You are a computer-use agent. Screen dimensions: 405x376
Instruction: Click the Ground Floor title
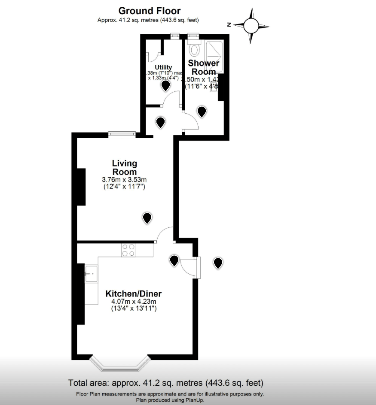(149, 11)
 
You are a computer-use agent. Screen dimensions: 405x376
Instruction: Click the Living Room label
(124, 167)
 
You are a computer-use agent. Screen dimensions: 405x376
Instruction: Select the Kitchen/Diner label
(133, 294)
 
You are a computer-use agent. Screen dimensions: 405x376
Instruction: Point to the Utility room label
(163, 67)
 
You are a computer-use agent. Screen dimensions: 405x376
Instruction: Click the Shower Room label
(204, 67)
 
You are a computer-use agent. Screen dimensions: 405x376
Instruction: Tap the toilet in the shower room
(194, 49)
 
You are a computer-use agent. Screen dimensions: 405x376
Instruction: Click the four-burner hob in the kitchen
(128, 250)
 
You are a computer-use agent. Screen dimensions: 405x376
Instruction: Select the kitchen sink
(92, 274)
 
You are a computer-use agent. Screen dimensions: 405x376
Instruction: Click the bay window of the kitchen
(120, 364)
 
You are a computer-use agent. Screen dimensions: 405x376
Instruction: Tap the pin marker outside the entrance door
(218, 263)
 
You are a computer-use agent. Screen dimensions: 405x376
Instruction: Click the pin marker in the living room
(147, 218)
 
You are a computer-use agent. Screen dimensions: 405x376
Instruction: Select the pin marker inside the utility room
(165, 86)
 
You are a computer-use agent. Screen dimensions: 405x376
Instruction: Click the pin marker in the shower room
(202, 112)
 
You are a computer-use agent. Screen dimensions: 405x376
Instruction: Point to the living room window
(122, 134)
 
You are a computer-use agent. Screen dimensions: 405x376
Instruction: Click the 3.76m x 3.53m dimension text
(124, 179)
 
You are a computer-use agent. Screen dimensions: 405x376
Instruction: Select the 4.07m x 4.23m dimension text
(133, 302)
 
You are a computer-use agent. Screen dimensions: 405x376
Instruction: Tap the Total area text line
(166, 383)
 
